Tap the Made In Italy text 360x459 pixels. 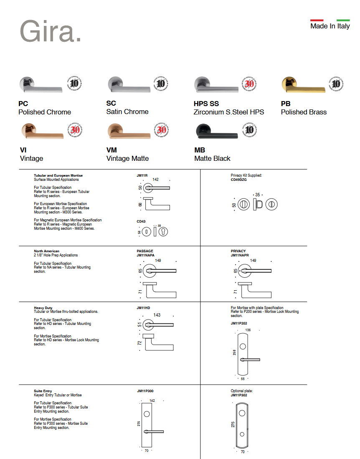coord(330,26)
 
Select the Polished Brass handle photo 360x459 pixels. coord(303,86)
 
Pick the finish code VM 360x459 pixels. coord(112,150)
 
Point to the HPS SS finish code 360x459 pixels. coord(206,104)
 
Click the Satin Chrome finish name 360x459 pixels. coord(127,112)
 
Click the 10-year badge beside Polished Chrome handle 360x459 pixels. coord(74,84)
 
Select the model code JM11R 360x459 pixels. coord(142,176)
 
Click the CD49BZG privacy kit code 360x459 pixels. coord(238,180)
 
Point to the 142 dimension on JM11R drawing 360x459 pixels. coord(155,180)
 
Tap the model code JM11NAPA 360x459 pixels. coord(146,255)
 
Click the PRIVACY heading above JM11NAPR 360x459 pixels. coord(238,251)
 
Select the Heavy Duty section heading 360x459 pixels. coord(43,308)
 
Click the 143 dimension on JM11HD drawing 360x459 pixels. coord(157,315)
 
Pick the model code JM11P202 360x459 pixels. coord(239,323)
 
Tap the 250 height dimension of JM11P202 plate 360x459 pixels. coord(234,353)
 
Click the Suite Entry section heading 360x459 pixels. coord(43,391)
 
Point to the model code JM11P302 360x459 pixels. coord(239,395)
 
